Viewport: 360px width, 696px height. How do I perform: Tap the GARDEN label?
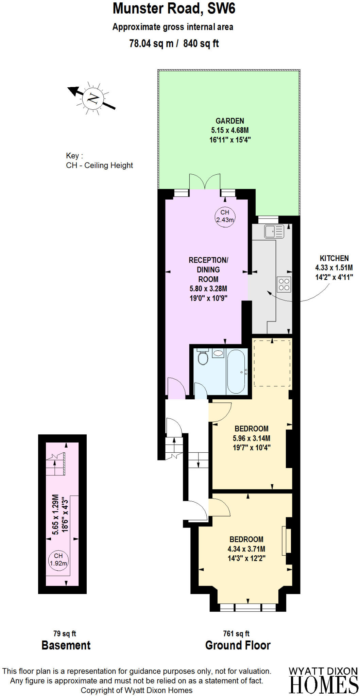[230, 121]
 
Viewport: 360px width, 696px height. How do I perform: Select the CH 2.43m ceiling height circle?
[225, 216]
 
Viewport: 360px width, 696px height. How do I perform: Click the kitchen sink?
[274, 231]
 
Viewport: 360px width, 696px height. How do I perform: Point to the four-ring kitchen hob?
[284, 285]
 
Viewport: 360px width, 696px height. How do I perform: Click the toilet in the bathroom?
[203, 358]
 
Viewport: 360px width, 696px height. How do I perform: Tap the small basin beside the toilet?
[218, 353]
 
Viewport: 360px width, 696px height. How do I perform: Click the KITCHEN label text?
[334, 258]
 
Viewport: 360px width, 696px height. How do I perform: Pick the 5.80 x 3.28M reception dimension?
[208, 289]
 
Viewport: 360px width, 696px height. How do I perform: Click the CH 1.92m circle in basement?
[58, 559]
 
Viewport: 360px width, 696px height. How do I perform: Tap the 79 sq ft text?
[65, 634]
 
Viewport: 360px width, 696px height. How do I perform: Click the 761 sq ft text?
[236, 634]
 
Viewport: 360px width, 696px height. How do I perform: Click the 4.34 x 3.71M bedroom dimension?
[246, 549]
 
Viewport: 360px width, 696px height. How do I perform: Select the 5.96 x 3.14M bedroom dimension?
[252, 438]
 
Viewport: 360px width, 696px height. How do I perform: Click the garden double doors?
[205, 182]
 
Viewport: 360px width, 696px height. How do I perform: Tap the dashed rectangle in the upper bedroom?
[272, 363]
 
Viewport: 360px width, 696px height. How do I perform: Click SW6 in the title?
[221, 8]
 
